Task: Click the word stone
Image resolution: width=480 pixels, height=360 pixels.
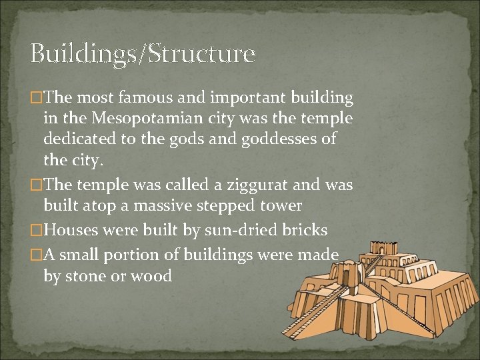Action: [x=88, y=275]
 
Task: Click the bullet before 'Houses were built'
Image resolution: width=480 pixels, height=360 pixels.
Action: [x=37, y=231]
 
